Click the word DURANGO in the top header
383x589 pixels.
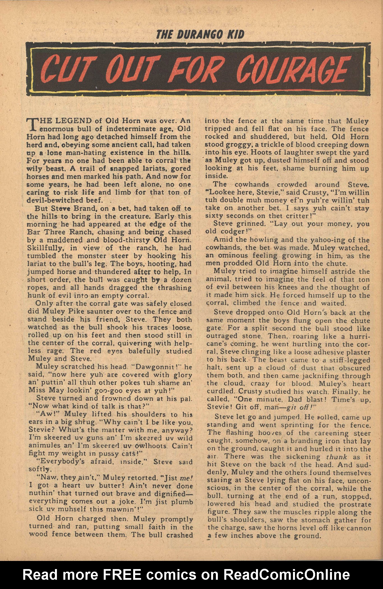pyautogui.click(x=199, y=34)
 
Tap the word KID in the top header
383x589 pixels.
pyautogui.click(x=234, y=34)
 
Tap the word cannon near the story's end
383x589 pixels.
pyautogui.click(x=359, y=528)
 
